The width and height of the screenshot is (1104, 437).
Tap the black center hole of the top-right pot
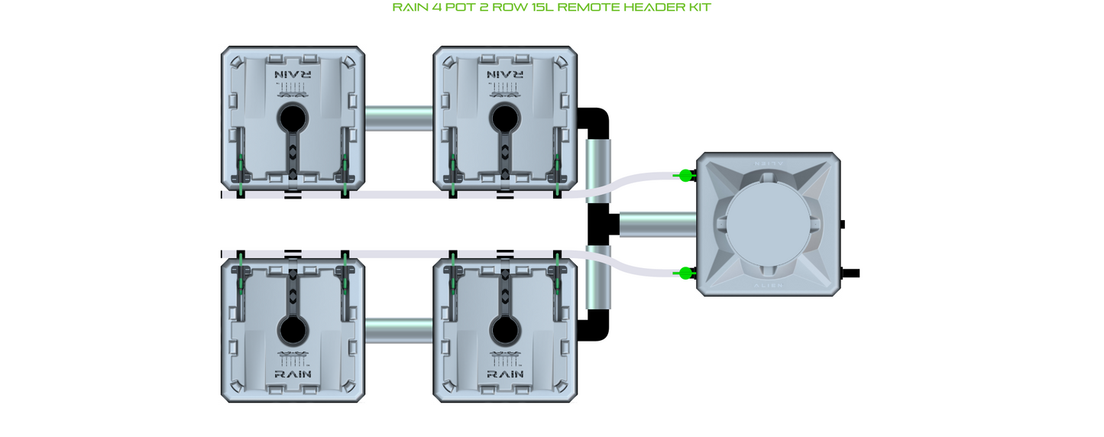503,119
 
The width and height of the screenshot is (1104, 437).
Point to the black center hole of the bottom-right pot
503,330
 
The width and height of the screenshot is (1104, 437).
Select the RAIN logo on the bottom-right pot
503,374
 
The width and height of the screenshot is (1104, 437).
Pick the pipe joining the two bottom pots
398,331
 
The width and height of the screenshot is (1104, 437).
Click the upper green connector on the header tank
685,176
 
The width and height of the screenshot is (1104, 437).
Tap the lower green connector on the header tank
685,273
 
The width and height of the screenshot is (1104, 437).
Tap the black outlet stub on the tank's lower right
850,273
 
